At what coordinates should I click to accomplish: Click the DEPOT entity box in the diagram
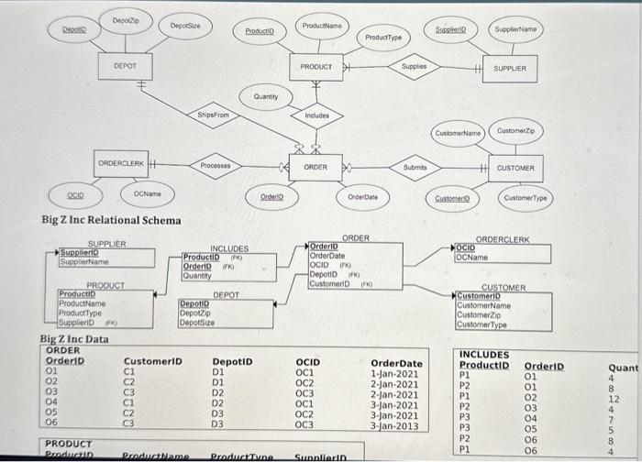pos(127,67)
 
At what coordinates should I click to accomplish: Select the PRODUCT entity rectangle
pos(316,67)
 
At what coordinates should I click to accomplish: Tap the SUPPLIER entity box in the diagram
pos(510,68)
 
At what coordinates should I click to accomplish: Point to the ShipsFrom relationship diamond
pos(213,115)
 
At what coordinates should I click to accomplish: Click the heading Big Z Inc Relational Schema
pos(111,220)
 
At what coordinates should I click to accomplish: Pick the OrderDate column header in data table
pos(396,363)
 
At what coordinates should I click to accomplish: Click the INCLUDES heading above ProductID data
pos(483,355)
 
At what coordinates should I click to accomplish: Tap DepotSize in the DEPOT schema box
pos(198,322)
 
